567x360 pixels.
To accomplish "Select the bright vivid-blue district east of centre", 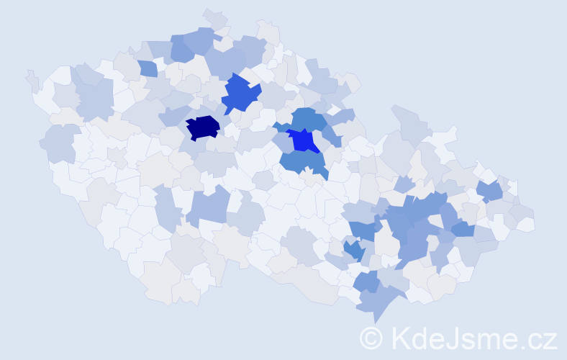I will click(x=305, y=140).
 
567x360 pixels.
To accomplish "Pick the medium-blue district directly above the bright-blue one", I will click(x=309, y=117).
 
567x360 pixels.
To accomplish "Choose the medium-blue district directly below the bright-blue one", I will click(x=302, y=162).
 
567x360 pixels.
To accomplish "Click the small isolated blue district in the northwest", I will click(x=148, y=68).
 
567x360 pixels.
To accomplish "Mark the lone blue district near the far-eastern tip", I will click(x=491, y=191).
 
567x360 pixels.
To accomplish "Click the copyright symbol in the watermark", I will click(x=371, y=338).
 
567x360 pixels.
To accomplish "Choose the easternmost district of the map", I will click(x=527, y=224).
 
